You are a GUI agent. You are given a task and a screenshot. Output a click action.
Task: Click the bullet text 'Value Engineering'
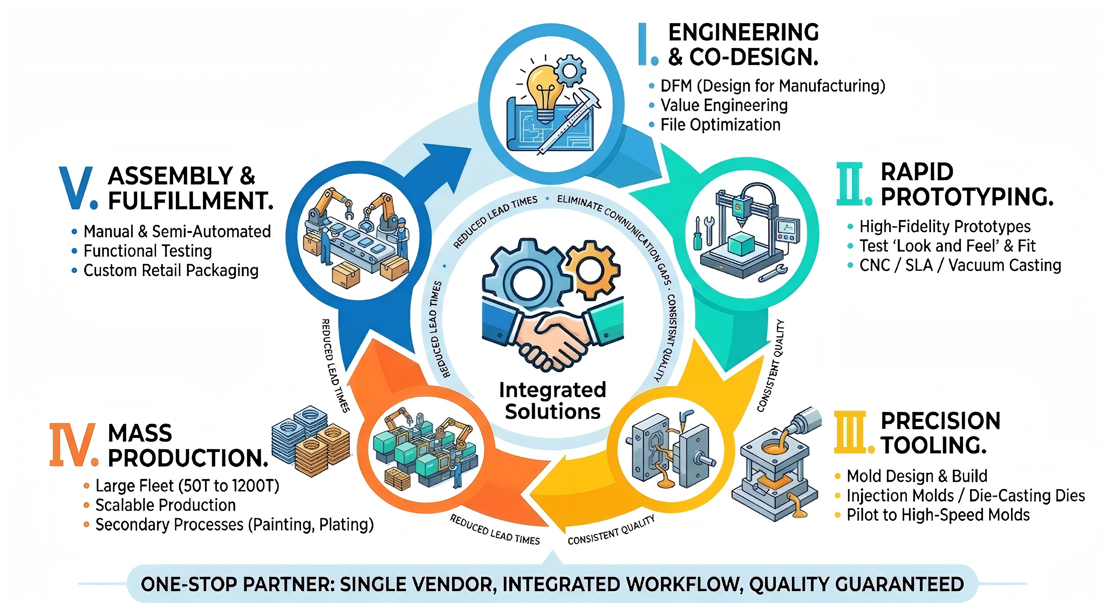click(724, 105)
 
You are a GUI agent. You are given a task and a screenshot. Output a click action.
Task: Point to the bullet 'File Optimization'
click(720, 125)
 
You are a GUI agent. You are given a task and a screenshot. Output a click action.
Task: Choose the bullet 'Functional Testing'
click(148, 251)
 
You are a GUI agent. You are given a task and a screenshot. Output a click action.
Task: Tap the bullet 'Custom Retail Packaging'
click(171, 270)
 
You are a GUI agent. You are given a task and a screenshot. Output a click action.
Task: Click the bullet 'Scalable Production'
click(166, 505)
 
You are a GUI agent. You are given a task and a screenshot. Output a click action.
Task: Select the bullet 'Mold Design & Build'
click(917, 476)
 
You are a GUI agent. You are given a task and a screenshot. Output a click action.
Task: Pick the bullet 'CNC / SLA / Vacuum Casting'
click(960, 265)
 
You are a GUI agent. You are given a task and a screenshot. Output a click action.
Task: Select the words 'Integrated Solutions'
click(552, 400)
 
